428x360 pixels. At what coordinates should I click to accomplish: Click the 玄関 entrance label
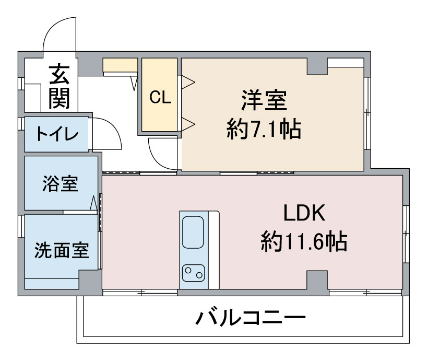click(x=60, y=87)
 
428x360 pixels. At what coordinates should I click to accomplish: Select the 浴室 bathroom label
click(x=60, y=184)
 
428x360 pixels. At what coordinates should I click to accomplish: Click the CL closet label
click(x=160, y=97)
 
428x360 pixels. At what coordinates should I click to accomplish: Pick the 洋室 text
click(x=264, y=100)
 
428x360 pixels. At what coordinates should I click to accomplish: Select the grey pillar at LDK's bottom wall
click(x=317, y=280)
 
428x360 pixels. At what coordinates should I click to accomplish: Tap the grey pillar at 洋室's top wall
click(x=316, y=66)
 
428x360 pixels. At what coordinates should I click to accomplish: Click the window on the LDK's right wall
click(x=405, y=230)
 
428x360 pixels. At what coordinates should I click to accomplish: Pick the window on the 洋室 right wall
click(x=366, y=112)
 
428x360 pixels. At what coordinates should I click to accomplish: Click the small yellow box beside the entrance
click(x=120, y=65)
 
